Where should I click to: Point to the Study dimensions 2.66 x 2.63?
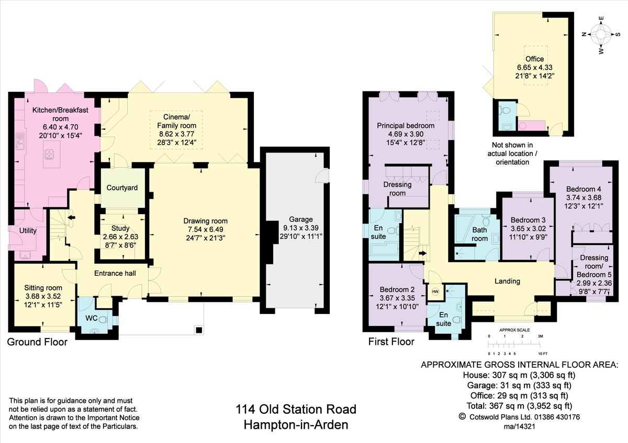(x=120, y=236)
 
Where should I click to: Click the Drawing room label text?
(x=206, y=221)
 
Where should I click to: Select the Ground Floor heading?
(x=37, y=342)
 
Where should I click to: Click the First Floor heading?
(x=391, y=342)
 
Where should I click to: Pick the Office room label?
(x=535, y=59)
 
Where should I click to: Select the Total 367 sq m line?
(x=519, y=406)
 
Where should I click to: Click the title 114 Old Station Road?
(x=296, y=409)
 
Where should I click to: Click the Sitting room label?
(x=43, y=288)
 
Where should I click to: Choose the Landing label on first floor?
(x=507, y=281)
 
